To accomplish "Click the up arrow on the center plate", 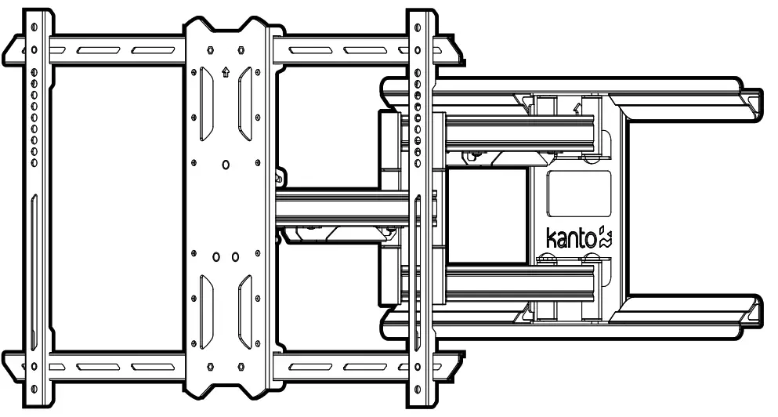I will click(226, 74).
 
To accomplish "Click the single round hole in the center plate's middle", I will click(226, 164).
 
